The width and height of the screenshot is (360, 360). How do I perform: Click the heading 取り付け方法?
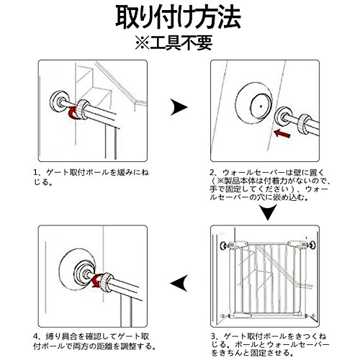pyautogui.click(x=178, y=17)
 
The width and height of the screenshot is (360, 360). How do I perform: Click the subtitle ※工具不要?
pyautogui.click(x=174, y=42)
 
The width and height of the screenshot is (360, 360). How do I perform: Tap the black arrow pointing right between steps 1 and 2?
pyautogui.click(x=179, y=107)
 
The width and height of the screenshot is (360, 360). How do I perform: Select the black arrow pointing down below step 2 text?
pyautogui.click(x=269, y=212)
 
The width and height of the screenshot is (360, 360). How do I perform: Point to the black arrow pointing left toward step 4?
pyautogui.click(x=179, y=283)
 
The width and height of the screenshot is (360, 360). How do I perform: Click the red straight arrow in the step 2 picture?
pyautogui.click(x=282, y=133)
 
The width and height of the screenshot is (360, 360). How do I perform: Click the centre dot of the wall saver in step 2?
pyautogui.click(x=261, y=106)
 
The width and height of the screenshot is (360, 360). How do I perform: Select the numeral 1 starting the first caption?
pyautogui.click(x=36, y=172)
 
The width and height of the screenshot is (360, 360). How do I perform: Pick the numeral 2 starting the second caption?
pyautogui.click(x=212, y=172)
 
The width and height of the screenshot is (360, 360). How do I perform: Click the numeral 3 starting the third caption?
pyautogui.click(x=213, y=336)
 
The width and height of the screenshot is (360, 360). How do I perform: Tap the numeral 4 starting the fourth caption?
pyautogui.click(x=36, y=336)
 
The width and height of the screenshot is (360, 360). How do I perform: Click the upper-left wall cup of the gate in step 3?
pyautogui.click(x=223, y=246)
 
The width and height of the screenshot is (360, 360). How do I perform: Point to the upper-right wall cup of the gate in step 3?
pyautogui.click(x=312, y=245)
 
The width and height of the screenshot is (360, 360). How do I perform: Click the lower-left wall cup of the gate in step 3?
pyautogui.click(x=223, y=315)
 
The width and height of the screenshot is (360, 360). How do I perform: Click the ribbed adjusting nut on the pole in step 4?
pyautogui.click(x=107, y=282)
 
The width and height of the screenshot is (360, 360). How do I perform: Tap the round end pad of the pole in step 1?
pyautogui.click(x=58, y=101)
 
